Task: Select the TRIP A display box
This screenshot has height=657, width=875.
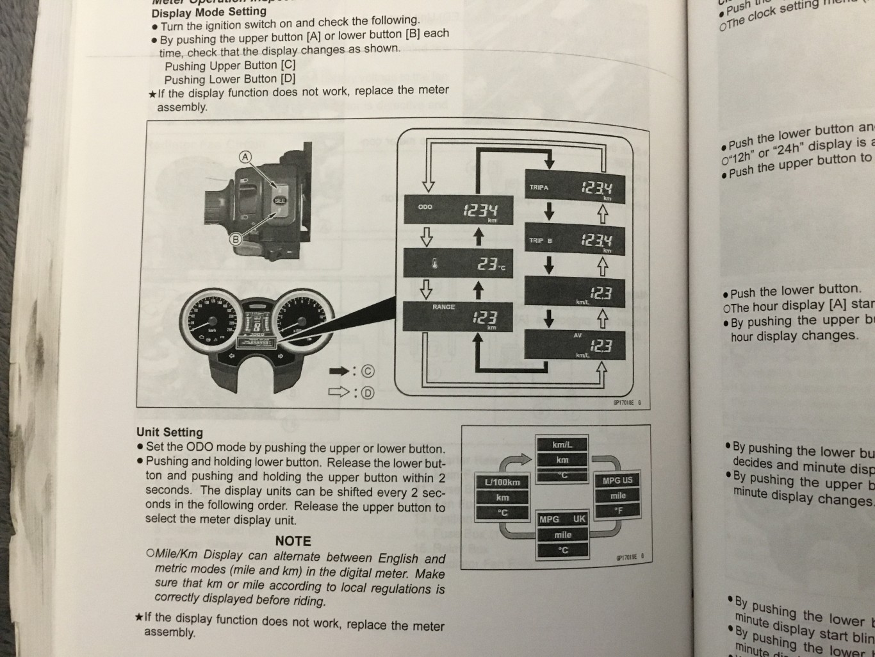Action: click(x=566, y=188)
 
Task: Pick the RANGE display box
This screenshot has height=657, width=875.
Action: click(x=458, y=316)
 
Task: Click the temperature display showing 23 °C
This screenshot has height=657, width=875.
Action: click(x=458, y=264)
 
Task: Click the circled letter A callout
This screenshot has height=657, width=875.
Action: click(x=245, y=157)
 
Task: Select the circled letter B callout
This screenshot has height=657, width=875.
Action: click(x=236, y=240)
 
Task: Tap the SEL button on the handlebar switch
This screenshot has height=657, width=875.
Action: click(x=280, y=201)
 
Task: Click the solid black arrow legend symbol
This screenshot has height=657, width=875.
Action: click(x=339, y=371)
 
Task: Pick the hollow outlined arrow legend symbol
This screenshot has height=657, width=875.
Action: click(x=339, y=392)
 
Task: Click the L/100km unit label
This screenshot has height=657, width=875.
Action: click(x=502, y=482)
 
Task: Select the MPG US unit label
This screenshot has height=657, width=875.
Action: click(x=617, y=480)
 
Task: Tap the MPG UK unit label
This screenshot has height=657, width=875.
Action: click(x=562, y=519)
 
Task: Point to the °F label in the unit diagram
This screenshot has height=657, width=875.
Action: click(x=618, y=511)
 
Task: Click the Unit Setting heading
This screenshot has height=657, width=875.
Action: click(x=169, y=432)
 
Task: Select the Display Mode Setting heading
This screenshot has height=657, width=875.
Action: click(x=209, y=12)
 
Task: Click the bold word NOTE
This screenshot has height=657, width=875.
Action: click(x=293, y=541)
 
